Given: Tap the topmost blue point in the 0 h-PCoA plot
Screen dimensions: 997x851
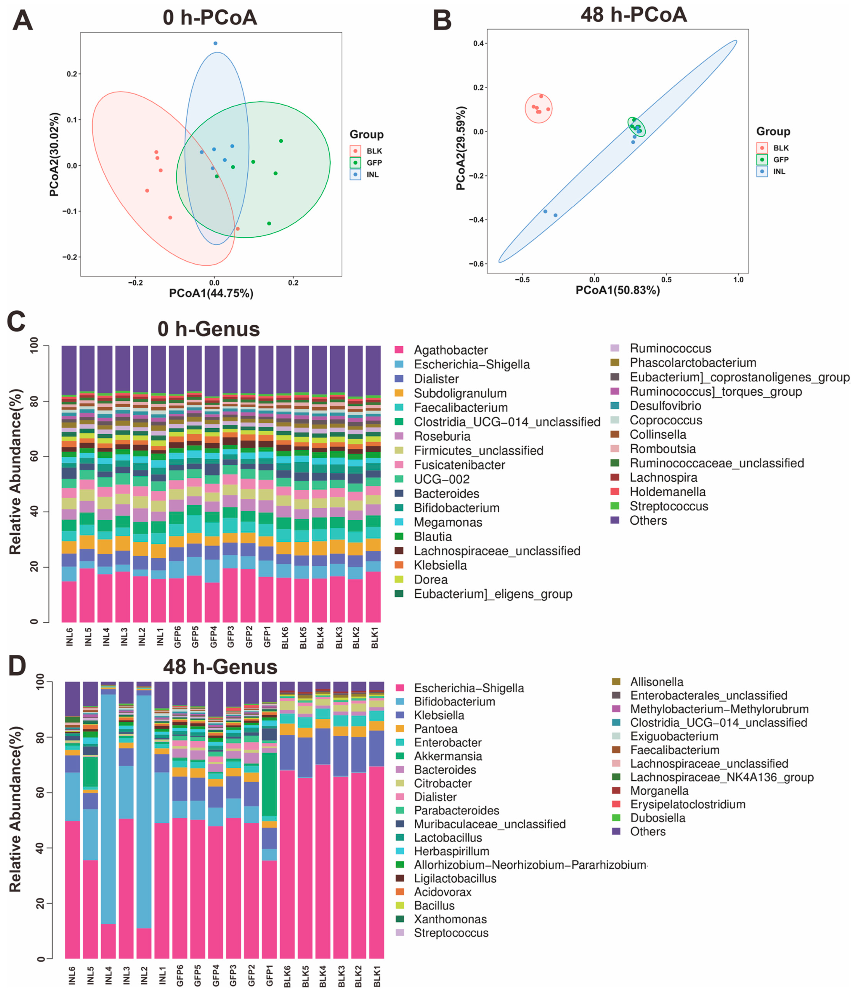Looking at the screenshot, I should coord(215,43).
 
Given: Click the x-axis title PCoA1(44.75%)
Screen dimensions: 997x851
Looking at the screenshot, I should coord(211,293).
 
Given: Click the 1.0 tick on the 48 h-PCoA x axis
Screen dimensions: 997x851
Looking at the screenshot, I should coord(738,280).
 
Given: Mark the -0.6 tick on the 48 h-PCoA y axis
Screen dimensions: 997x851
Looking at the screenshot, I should coord(477,264).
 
